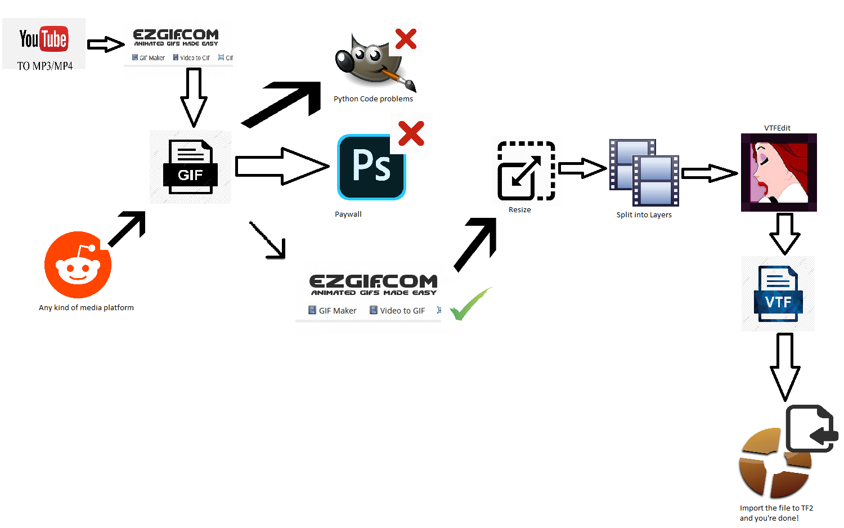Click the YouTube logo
[44, 39]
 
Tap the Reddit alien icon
[78, 265]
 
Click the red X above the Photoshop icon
[411, 133]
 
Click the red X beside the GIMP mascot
[406, 39]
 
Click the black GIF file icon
[190, 167]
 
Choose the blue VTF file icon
[778, 294]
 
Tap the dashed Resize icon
[526, 171]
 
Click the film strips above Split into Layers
[644, 173]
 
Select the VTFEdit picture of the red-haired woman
[779, 172]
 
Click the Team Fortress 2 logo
[774, 463]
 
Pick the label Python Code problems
[373, 99]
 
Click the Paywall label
[348, 214]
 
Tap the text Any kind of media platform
[86, 308]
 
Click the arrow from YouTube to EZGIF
[105, 44]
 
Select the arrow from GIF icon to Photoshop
[281, 167]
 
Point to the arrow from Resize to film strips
[582, 168]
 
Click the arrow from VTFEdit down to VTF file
[785, 233]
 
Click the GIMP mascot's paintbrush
[401, 78]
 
